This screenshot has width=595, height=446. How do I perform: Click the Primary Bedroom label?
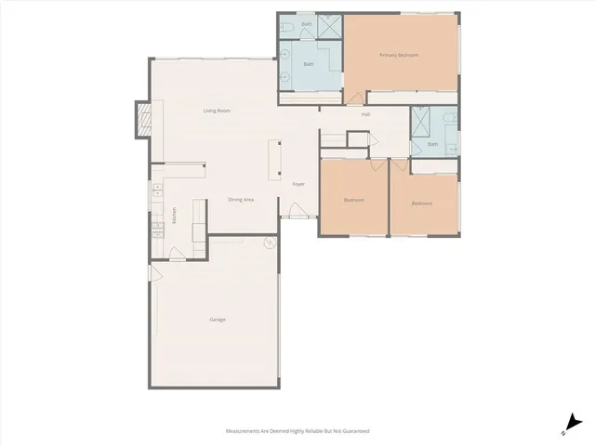tap(399, 56)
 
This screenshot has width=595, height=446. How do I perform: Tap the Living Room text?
tap(218, 111)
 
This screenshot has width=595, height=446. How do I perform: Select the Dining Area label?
tap(242, 200)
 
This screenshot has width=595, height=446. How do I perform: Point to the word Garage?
tap(217, 320)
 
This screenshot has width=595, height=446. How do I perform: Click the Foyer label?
tap(298, 184)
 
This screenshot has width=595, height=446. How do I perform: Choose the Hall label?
tap(366, 114)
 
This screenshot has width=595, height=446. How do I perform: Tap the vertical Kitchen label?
tap(174, 216)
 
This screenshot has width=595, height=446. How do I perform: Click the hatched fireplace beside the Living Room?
tap(144, 119)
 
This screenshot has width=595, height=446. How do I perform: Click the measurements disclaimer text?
tap(297, 431)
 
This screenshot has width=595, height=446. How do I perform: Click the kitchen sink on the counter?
tap(156, 195)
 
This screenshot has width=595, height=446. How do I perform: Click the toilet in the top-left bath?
tap(289, 30)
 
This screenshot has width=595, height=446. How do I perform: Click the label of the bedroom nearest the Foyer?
tap(353, 200)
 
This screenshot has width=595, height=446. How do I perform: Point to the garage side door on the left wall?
tap(155, 274)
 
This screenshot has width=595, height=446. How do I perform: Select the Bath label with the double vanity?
tap(310, 64)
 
